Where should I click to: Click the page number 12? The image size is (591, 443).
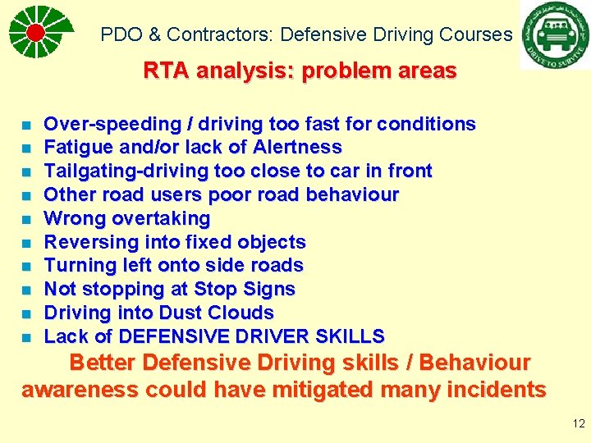point(578,424)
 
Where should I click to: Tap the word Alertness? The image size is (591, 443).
point(297,148)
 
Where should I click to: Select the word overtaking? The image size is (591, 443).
point(161,219)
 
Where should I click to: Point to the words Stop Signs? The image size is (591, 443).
point(244,290)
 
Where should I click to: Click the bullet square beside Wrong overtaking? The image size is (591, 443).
point(27,220)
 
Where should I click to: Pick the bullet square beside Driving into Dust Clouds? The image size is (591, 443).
point(27,314)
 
